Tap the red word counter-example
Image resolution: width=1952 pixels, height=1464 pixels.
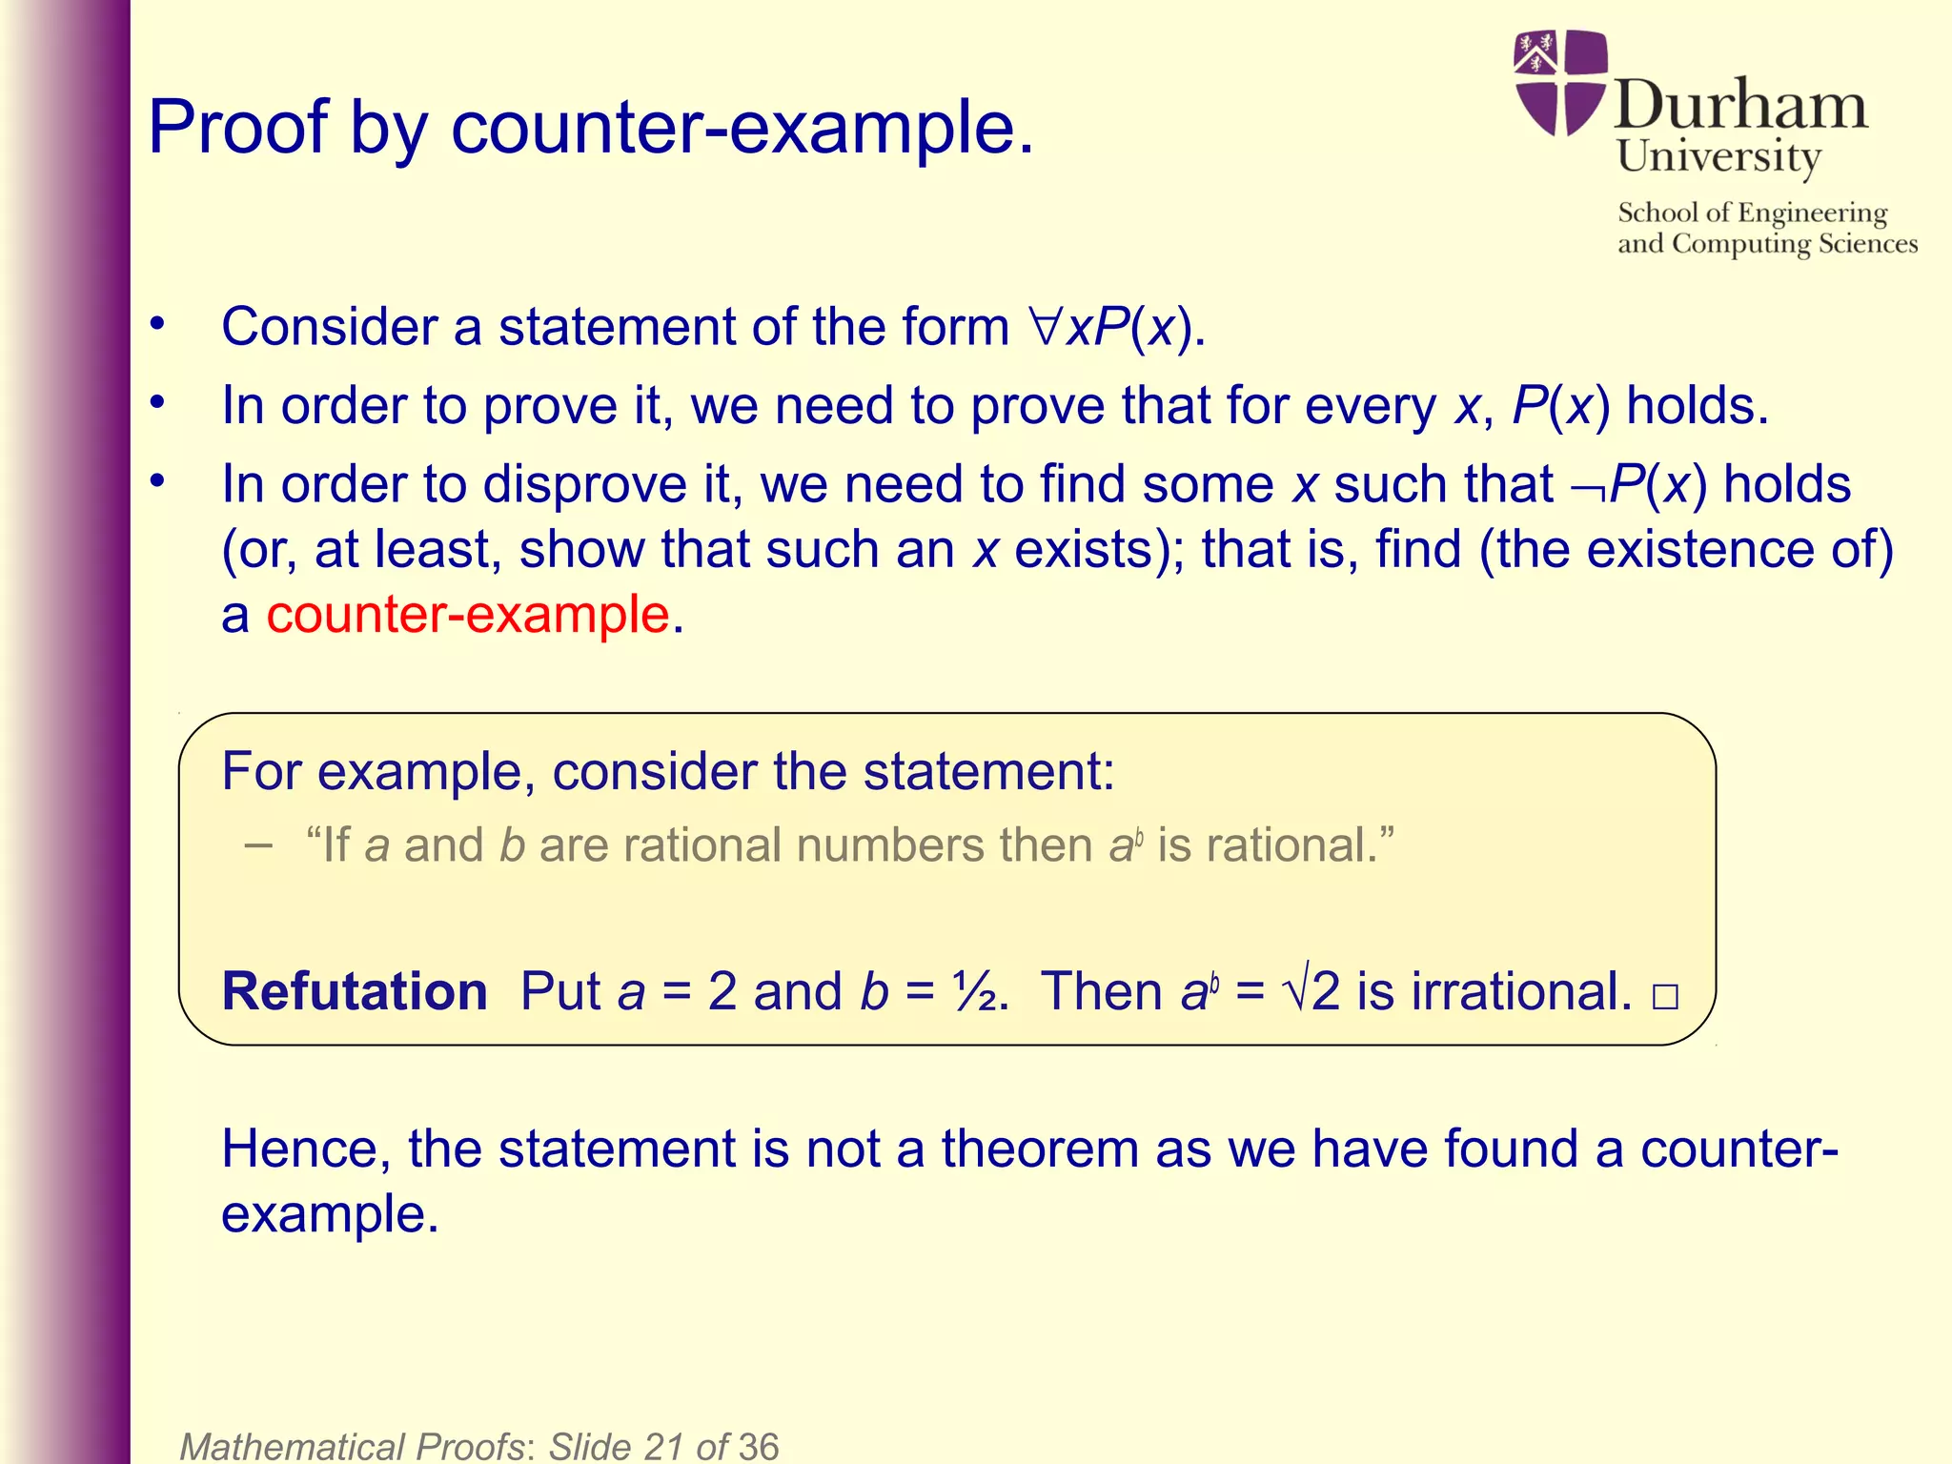(468, 614)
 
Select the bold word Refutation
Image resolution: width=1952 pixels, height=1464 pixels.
(355, 991)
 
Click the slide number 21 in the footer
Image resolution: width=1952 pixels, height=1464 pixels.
(663, 1446)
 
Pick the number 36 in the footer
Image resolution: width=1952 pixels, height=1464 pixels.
(758, 1446)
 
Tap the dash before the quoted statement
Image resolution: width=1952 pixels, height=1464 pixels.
(257, 844)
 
